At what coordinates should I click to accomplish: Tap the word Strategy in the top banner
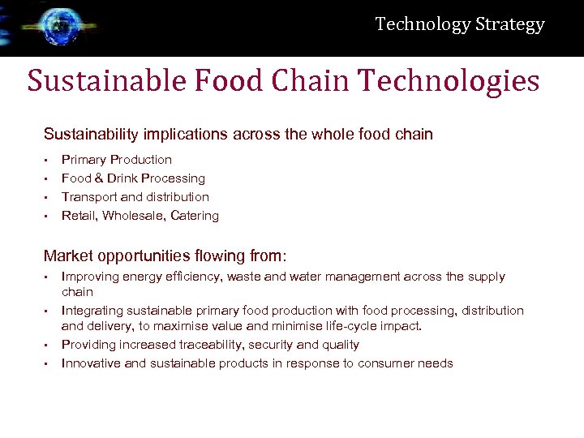click(509, 24)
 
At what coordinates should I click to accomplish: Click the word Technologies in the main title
click(449, 81)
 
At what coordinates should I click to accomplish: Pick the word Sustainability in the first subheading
click(92, 134)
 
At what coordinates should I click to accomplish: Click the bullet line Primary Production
click(117, 160)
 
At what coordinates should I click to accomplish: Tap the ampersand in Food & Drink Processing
click(97, 178)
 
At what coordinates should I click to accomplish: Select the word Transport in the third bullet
click(86, 197)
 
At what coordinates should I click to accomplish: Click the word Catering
click(195, 216)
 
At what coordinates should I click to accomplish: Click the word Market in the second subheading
click(68, 256)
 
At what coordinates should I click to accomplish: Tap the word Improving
click(90, 277)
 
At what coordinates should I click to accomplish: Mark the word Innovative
click(91, 363)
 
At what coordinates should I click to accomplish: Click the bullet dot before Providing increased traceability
click(47, 345)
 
